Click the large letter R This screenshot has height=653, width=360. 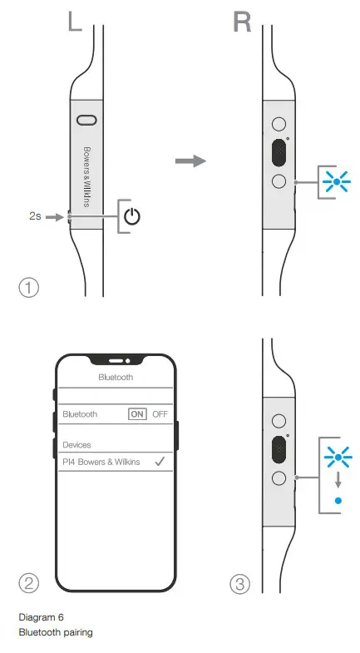(241, 21)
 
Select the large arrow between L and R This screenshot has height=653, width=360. (193, 161)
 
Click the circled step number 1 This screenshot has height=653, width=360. (29, 287)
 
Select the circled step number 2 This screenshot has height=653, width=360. (29, 583)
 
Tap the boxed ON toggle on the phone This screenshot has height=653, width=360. (137, 413)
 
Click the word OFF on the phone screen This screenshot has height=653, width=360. (160, 413)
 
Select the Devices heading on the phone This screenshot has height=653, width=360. (77, 445)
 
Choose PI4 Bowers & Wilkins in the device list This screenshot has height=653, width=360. (101, 462)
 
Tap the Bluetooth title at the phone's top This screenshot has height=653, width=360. (116, 377)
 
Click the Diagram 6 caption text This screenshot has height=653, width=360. (40, 617)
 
